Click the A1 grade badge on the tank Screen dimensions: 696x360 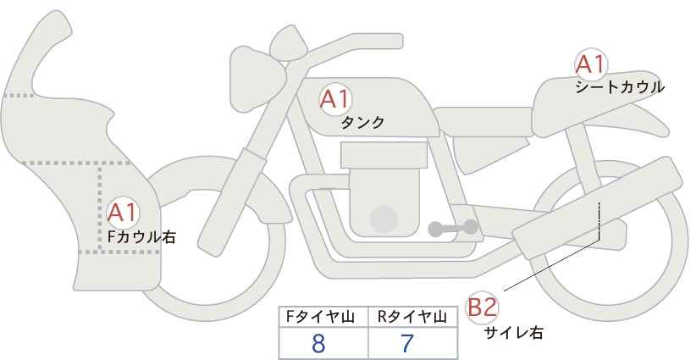[x=335, y=99]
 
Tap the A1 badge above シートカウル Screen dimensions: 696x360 [x=591, y=64]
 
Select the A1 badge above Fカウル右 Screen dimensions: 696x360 [x=123, y=213]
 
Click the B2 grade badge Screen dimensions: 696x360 [x=482, y=307]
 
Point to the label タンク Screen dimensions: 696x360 [x=362, y=122]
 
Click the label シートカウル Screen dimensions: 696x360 [x=620, y=87]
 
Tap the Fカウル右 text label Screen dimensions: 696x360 [x=142, y=236]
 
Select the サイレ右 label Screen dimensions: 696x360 [x=514, y=333]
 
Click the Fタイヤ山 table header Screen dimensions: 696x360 [x=320, y=317]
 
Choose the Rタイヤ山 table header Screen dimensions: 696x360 [x=413, y=317]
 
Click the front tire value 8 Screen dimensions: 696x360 [x=318, y=344]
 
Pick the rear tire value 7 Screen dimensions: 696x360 [x=407, y=344]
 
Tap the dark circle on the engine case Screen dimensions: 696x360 [x=384, y=219]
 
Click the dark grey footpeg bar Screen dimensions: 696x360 [x=453, y=228]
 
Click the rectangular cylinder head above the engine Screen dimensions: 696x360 [x=384, y=155]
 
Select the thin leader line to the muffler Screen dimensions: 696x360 [x=552, y=265]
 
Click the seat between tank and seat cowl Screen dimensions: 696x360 [x=483, y=122]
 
